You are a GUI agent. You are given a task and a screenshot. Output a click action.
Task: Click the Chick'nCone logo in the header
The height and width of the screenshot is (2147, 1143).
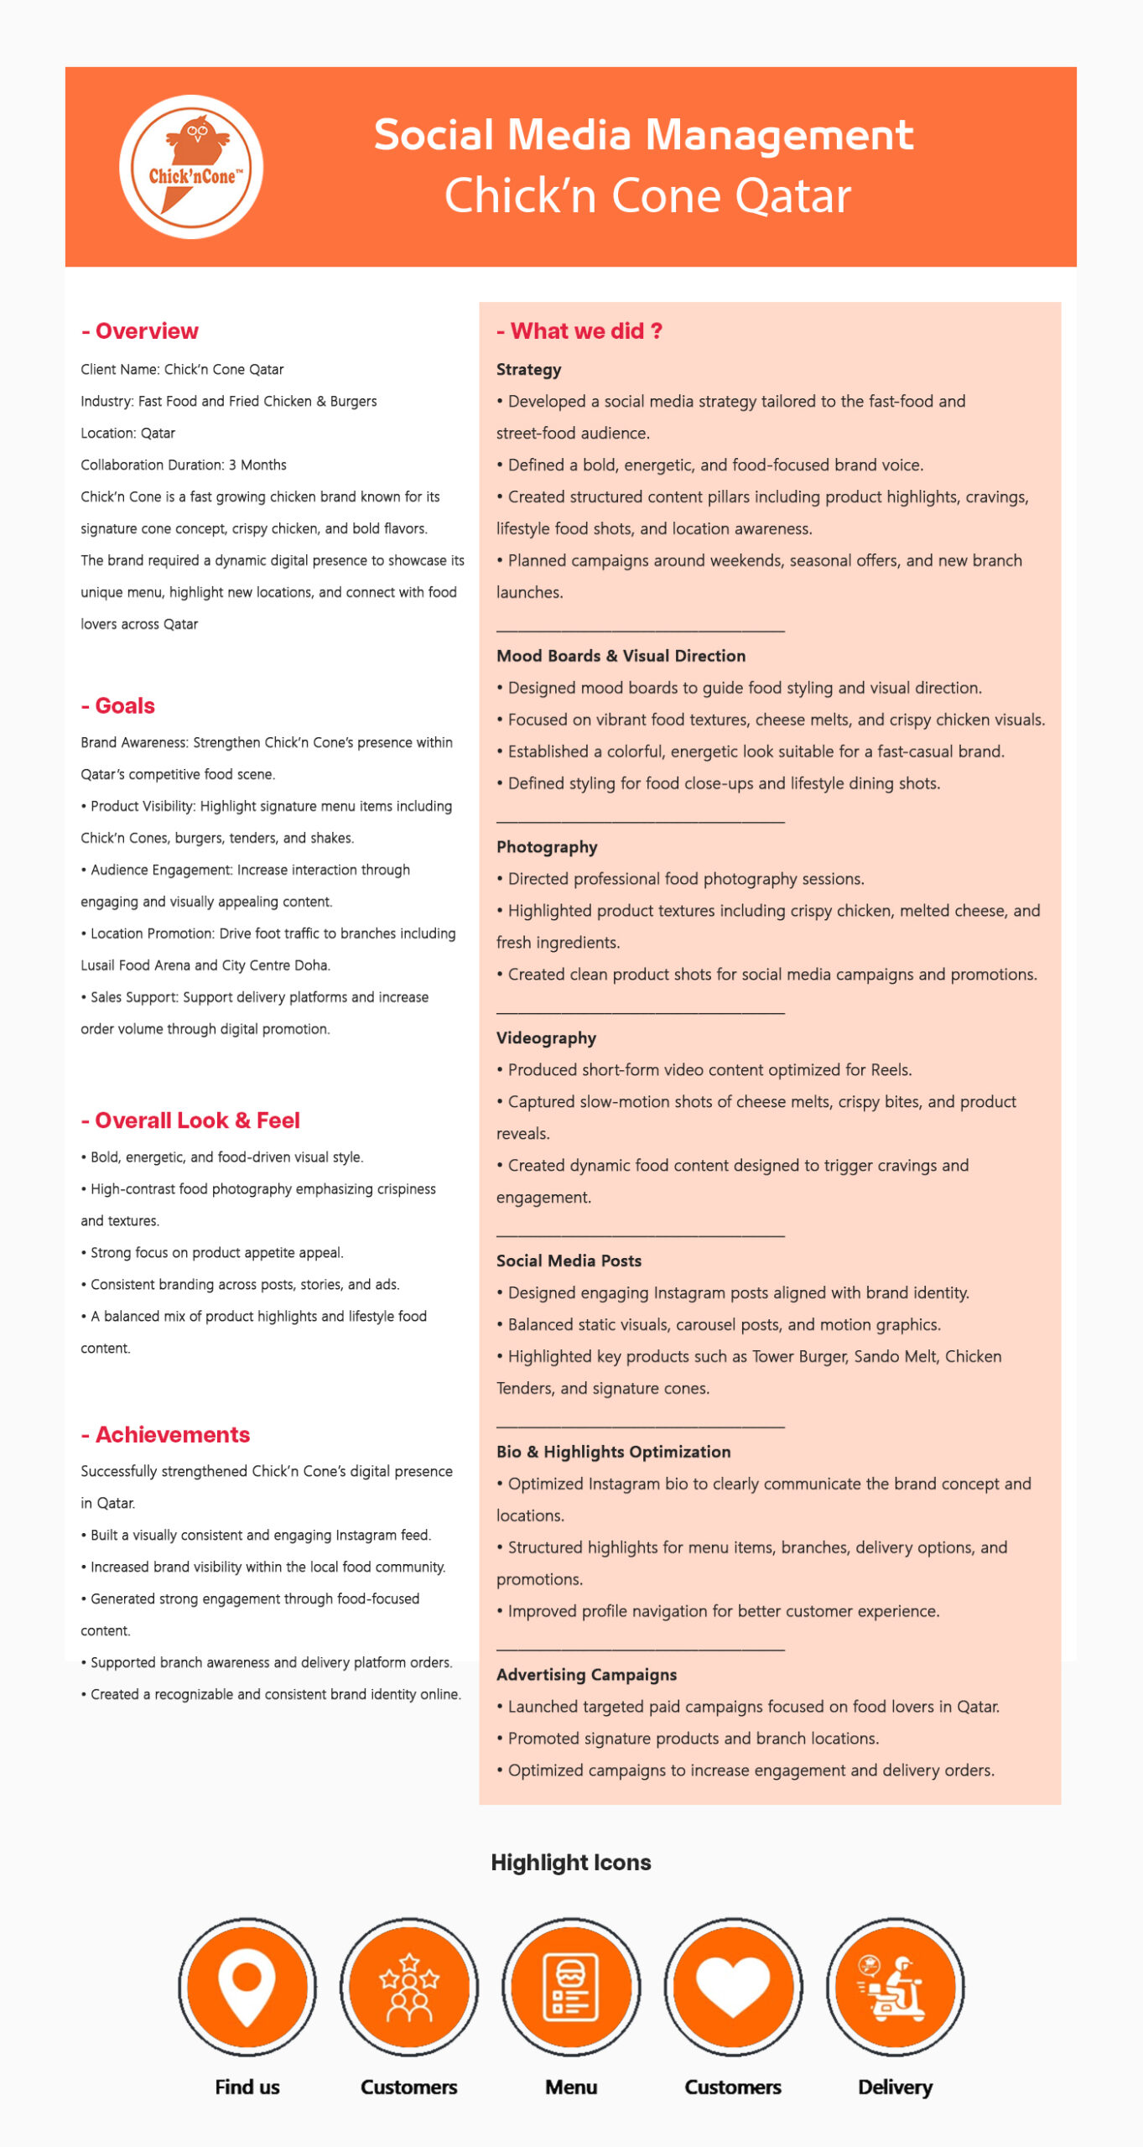pyautogui.click(x=191, y=167)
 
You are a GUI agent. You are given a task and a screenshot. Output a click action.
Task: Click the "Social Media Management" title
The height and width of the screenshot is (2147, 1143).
pyautogui.click(x=643, y=135)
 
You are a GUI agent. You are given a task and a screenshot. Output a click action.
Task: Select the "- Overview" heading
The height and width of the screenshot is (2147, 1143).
pyautogui.click(x=140, y=331)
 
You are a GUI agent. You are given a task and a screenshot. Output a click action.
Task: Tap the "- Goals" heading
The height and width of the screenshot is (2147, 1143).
pyautogui.click(x=118, y=706)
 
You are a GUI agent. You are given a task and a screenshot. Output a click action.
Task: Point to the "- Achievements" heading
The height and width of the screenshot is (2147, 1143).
pyautogui.click(x=166, y=1435)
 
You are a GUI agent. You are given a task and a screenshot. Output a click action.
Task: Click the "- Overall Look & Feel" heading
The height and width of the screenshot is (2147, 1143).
pyautogui.click(x=191, y=1120)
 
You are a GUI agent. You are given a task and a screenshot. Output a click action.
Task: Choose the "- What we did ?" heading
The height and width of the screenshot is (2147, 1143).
pyautogui.click(x=579, y=331)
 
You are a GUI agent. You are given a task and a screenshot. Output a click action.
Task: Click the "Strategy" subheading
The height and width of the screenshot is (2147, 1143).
pyautogui.click(x=528, y=370)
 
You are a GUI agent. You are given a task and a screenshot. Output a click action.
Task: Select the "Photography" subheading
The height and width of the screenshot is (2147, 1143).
pyautogui.click(x=547, y=847)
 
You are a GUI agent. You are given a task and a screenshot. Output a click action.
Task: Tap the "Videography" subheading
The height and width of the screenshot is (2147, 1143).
pyautogui.click(x=546, y=1038)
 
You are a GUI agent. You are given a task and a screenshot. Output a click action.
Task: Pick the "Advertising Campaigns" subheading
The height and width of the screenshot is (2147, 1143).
pyautogui.click(x=586, y=1675)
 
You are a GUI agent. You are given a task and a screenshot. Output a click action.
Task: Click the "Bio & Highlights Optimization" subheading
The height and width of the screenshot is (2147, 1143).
pyautogui.click(x=613, y=1452)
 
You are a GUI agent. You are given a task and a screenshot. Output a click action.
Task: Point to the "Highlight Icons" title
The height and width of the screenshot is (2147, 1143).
pyautogui.click(x=571, y=1863)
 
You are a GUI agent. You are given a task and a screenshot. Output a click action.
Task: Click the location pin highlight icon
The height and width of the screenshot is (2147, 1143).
pyautogui.click(x=247, y=1986)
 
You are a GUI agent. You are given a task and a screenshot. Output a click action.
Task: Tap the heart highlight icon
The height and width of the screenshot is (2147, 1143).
pyautogui.click(x=734, y=1986)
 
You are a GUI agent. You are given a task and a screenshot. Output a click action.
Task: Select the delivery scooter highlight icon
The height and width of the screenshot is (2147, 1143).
pyautogui.click(x=896, y=1986)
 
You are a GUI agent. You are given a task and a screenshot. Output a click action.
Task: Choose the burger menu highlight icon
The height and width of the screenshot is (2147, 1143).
pyautogui.click(x=571, y=1986)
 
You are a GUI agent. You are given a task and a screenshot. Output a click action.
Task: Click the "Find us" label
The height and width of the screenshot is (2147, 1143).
pyautogui.click(x=247, y=2087)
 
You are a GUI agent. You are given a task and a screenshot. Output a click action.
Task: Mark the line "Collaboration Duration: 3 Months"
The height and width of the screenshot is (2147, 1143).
pyautogui.click(x=184, y=465)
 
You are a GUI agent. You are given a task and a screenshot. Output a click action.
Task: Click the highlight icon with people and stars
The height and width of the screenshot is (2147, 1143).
pyautogui.click(x=409, y=1986)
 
